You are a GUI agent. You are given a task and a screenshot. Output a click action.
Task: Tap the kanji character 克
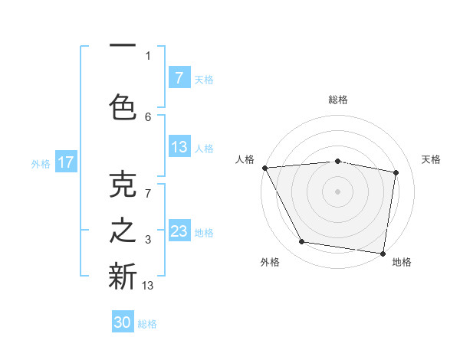(123, 186)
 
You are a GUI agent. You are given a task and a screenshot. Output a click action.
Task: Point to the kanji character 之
(123, 231)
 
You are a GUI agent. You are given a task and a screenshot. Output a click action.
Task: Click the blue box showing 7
(179, 77)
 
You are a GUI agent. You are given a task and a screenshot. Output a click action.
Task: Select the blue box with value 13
(179, 147)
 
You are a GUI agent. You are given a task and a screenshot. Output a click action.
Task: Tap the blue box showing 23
(179, 231)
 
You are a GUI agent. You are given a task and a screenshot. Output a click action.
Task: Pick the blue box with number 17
(66, 162)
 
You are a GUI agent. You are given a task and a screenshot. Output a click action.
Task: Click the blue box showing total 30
(123, 322)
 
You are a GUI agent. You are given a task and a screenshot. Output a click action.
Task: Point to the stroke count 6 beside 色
(148, 116)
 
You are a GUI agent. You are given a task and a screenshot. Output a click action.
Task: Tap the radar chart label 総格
(338, 100)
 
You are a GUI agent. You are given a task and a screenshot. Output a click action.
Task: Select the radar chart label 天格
(432, 159)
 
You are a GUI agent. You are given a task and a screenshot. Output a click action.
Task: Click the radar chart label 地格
(402, 262)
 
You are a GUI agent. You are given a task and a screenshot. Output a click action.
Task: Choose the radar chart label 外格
(270, 262)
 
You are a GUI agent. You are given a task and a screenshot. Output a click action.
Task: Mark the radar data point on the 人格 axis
(264, 168)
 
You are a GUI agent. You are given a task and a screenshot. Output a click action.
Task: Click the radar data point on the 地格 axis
(383, 253)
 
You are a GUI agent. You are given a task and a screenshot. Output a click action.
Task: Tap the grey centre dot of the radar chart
(337, 191)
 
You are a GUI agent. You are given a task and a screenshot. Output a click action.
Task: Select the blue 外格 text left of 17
(40, 163)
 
